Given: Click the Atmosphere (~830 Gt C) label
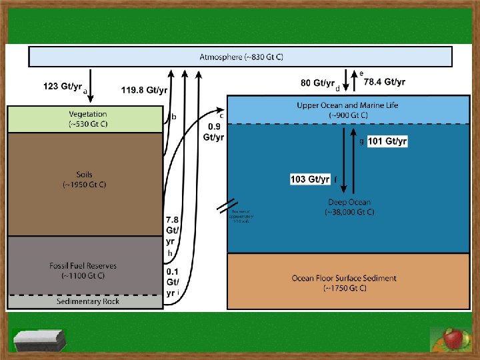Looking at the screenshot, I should (241, 57).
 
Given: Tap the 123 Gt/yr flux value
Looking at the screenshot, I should (63, 87).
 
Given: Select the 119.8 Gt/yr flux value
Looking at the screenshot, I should (144, 89).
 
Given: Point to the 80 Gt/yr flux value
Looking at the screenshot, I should (317, 83).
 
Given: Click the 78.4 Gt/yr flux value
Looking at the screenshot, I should (384, 82).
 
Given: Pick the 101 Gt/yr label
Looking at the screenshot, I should (387, 141).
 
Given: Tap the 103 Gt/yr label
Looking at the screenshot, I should (310, 179).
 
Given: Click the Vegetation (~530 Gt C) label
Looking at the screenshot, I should (87, 119).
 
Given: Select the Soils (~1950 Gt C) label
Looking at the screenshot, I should (84, 179).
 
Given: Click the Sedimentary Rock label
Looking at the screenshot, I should (84, 301).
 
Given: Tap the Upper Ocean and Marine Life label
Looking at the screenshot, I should (347, 105).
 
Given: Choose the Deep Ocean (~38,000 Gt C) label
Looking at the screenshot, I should (349, 207).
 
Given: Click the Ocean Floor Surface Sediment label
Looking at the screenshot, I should (344, 278).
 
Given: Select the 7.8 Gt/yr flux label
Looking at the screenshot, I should (172, 230).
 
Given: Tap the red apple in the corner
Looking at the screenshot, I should (453, 339).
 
